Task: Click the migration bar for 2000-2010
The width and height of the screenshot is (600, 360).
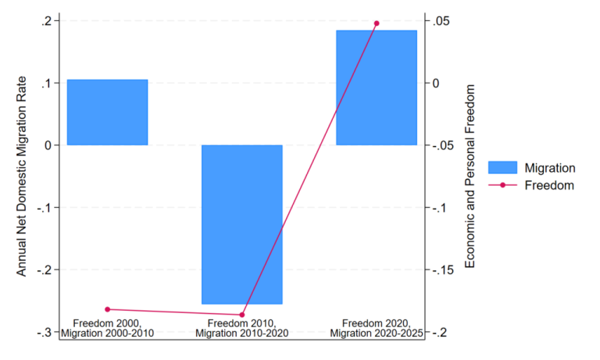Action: [107, 112]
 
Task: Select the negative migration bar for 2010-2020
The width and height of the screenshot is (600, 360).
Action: [241, 224]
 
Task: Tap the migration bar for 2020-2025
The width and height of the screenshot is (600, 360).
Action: [377, 87]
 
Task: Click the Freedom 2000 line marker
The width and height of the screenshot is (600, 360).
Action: [108, 309]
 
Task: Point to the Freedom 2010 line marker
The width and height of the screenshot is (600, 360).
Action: [242, 315]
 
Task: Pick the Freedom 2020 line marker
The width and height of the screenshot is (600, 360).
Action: [377, 23]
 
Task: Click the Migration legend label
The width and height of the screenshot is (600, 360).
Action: [550, 167]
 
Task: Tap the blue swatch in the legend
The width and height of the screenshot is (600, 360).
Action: [503, 167]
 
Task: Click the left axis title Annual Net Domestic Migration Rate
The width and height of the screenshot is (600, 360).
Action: [23, 176]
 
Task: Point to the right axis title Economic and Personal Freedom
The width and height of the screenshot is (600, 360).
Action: [470, 176]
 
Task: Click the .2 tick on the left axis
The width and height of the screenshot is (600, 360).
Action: [46, 20]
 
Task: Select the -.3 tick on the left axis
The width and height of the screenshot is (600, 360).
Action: [45, 332]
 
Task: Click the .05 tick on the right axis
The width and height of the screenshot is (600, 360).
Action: [437, 20]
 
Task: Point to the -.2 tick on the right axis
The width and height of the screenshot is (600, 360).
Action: [438, 332]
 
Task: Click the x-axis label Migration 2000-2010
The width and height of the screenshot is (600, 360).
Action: [108, 333]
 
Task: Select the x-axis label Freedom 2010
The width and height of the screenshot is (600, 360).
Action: [242, 323]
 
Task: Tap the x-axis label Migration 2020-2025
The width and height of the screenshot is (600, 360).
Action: [377, 333]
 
